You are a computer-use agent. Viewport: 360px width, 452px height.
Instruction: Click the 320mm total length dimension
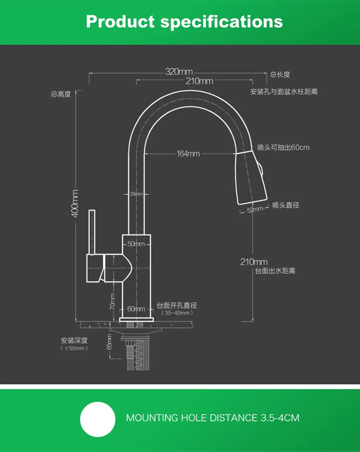pyautogui.click(x=179, y=71)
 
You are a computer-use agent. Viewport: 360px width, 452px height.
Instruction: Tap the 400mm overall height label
pyautogui.click(x=75, y=204)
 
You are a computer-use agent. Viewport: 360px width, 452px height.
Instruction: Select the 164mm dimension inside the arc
pyautogui.click(x=188, y=154)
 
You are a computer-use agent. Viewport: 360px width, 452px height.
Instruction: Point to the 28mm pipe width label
pyautogui.click(x=136, y=194)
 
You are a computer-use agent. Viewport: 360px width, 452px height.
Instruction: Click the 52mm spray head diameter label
pyautogui.click(x=255, y=209)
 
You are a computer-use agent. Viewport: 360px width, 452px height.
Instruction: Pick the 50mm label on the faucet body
pyautogui.click(x=136, y=244)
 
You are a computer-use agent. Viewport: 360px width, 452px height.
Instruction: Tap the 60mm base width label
pyautogui.click(x=136, y=309)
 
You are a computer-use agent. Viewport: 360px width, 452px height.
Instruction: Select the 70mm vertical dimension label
pyautogui.click(x=113, y=302)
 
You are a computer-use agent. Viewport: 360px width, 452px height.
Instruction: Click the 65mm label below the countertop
pyautogui.click(x=109, y=342)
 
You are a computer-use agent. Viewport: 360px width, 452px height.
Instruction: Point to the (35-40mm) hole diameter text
pyautogui.click(x=177, y=313)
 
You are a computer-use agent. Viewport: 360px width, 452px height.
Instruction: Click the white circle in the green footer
pyautogui.click(x=98, y=420)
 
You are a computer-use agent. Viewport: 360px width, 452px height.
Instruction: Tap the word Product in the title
pyautogui.click(x=120, y=21)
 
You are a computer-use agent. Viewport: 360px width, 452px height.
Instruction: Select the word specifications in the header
pyautogui.click(x=221, y=22)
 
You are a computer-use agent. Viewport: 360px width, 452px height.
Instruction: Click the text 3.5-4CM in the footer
pyautogui.click(x=280, y=418)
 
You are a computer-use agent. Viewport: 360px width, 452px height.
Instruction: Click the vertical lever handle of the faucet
pyautogui.click(x=92, y=232)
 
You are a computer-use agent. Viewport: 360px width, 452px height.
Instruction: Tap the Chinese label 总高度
pyautogui.click(x=61, y=94)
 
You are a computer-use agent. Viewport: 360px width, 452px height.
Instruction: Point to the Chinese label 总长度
pyautogui.click(x=280, y=75)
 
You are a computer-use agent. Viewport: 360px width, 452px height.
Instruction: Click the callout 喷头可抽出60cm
pyautogui.click(x=283, y=148)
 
